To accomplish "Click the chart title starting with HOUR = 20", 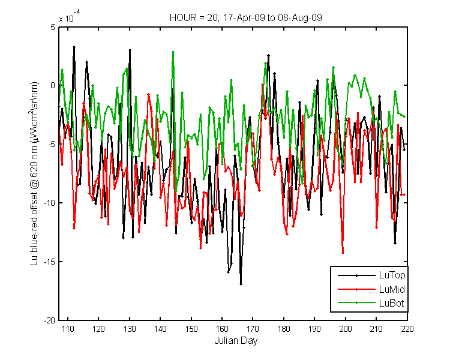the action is tap(245, 18).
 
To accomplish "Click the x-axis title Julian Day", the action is tap(236, 340).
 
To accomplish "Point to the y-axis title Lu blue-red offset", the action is tap(34, 173).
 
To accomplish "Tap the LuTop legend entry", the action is tap(371, 275).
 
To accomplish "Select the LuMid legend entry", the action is tap(371, 289).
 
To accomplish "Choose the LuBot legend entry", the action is tap(371, 303).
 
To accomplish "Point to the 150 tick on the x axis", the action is tap(191, 329).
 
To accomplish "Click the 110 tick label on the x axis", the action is tap(68, 329).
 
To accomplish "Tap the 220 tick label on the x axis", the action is tap(407, 329).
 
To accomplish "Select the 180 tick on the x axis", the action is tap(284, 329).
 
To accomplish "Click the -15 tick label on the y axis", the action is tap(49, 262).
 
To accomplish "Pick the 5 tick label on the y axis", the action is tap(53, 27).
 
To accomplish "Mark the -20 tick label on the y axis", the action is tap(49, 320).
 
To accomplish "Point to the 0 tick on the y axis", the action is tap(53, 86).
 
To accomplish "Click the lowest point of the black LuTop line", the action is tap(241, 284).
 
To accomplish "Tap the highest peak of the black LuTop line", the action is tap(74, 47).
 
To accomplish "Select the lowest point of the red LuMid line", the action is tap(343, 253).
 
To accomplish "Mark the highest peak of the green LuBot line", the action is tap(173, 52).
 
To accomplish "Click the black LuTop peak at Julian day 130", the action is tap(130, 50).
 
